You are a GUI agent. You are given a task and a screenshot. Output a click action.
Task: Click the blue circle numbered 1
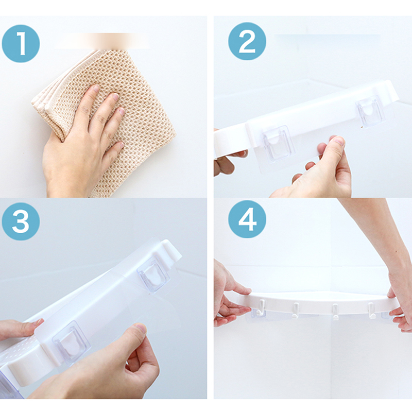click(x=21, y=44)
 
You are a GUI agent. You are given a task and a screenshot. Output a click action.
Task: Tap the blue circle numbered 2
click(x=247, y=42)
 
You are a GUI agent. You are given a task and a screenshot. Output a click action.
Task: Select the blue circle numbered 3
click(x=21, y=221)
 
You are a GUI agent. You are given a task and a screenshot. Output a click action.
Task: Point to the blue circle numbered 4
click(x=247, y=219)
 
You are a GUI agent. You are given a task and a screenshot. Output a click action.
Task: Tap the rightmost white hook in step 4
click(x=371, y=311)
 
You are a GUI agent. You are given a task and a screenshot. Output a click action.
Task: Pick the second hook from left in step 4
click(x=296, y=311)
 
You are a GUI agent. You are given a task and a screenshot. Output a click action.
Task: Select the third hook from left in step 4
click(x=335, y=312)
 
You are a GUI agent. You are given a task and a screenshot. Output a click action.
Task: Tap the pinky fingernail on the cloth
click(x=121, y=145)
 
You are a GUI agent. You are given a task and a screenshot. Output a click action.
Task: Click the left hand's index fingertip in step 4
click(x=247, y=291)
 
